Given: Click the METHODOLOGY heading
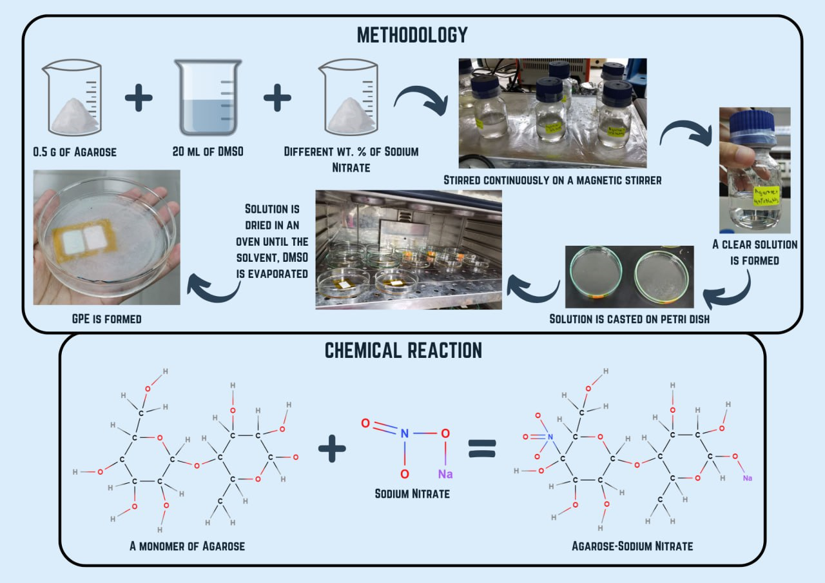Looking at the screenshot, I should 412,35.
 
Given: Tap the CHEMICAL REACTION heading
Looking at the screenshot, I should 403,350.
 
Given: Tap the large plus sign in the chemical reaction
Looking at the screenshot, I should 333,448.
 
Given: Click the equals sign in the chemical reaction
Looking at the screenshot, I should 482,448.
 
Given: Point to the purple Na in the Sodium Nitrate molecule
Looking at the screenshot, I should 445,475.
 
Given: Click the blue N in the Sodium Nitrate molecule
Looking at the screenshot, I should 404,433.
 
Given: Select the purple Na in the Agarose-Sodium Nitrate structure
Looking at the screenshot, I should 748,478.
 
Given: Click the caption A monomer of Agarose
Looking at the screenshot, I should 187,546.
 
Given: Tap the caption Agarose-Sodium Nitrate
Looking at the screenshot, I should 632,546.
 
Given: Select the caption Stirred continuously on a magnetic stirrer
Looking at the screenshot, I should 552,180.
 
